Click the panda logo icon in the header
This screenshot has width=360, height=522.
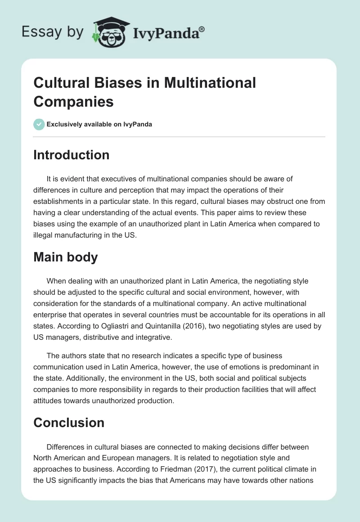click(x=110, y=32)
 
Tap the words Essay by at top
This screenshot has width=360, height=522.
click(x=52, y=32)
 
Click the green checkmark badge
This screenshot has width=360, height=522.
click(x=39, y=124)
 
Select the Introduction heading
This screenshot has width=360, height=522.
click(x=71, y=155)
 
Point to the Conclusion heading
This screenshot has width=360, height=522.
click(x=69, y=423)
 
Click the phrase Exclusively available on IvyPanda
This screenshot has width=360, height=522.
click(x=99, y=124)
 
